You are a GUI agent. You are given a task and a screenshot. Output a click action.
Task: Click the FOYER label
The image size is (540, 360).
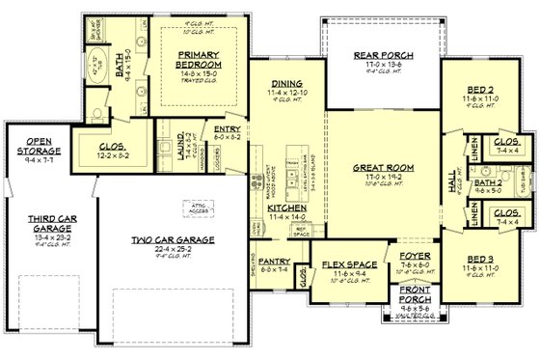(x=414, y=257)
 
